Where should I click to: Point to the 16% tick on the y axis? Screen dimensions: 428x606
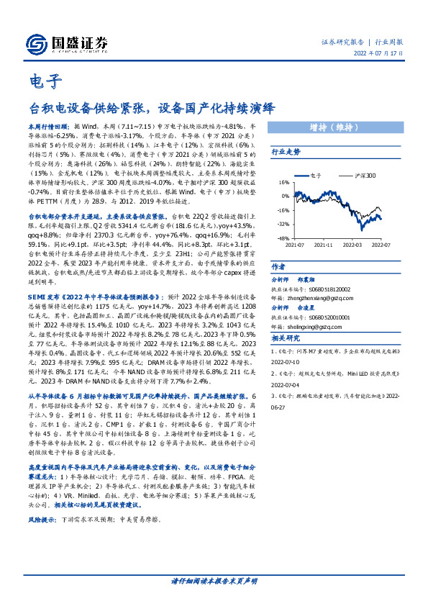283,183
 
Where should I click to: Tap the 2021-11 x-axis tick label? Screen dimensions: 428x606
322,245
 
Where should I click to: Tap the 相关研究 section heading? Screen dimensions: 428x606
286,338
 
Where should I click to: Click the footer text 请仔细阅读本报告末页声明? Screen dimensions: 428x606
214,580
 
